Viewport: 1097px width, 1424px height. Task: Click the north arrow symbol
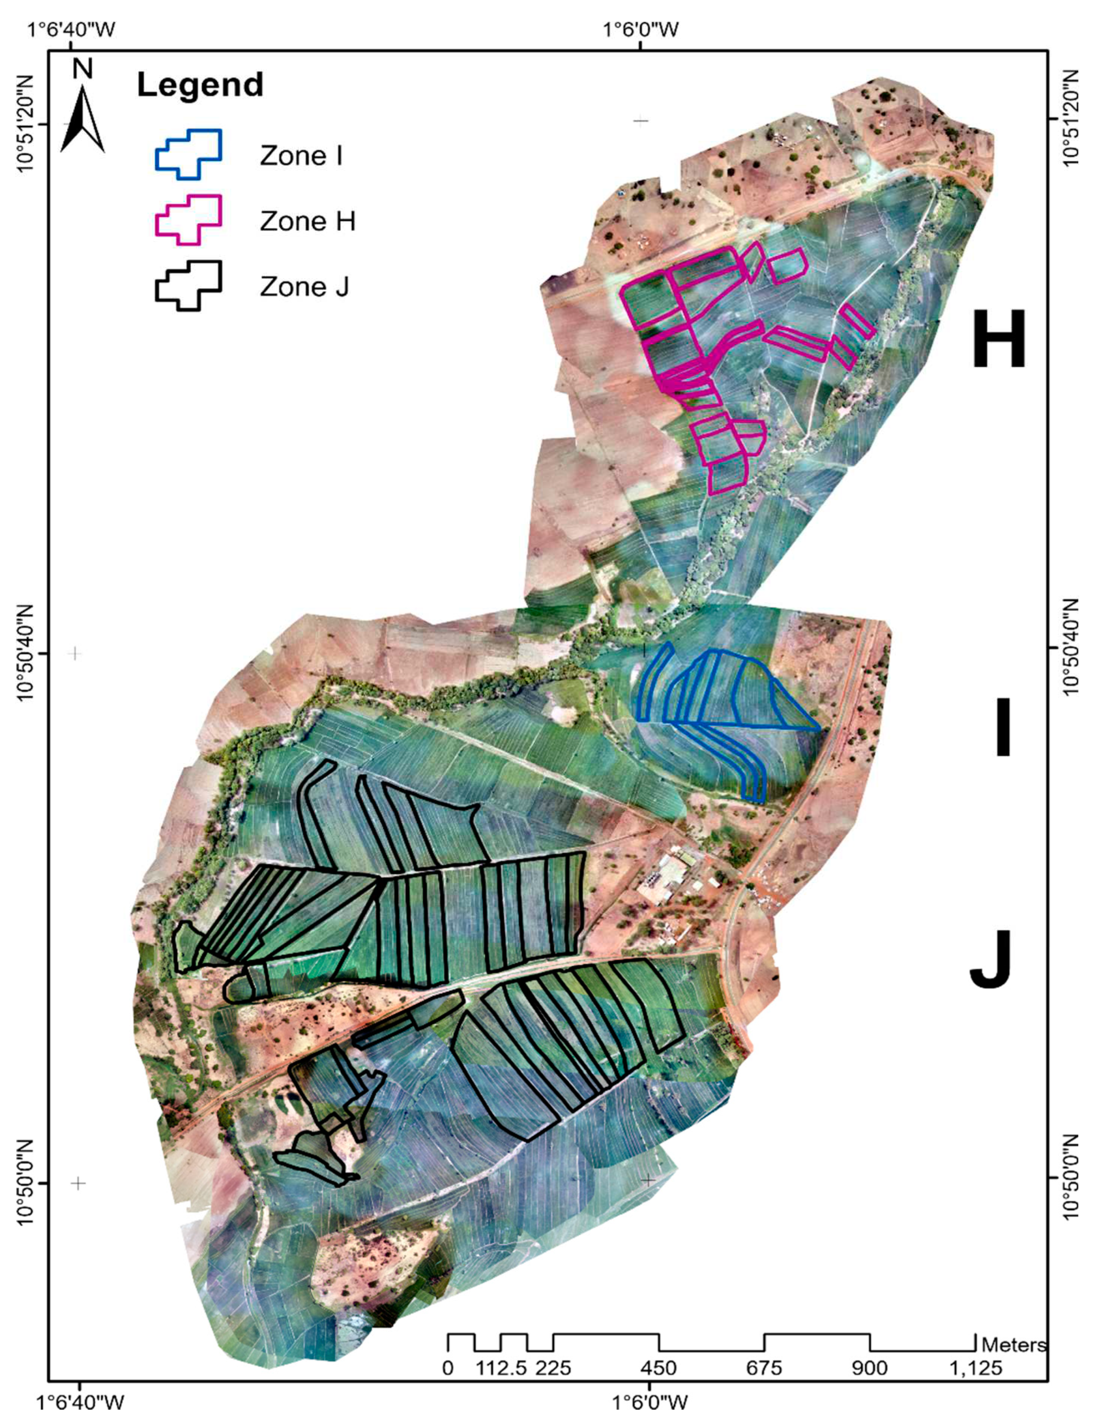[x=82, y=121]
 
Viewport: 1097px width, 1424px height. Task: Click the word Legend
[x=200, y=86]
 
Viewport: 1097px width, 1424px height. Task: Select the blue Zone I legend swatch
[x=189, y=154]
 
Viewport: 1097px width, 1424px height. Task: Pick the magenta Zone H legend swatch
[x=189, y=220]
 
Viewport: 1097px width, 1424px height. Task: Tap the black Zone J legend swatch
[x=189, y=285]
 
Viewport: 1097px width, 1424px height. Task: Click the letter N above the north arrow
[x=83, y=68]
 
